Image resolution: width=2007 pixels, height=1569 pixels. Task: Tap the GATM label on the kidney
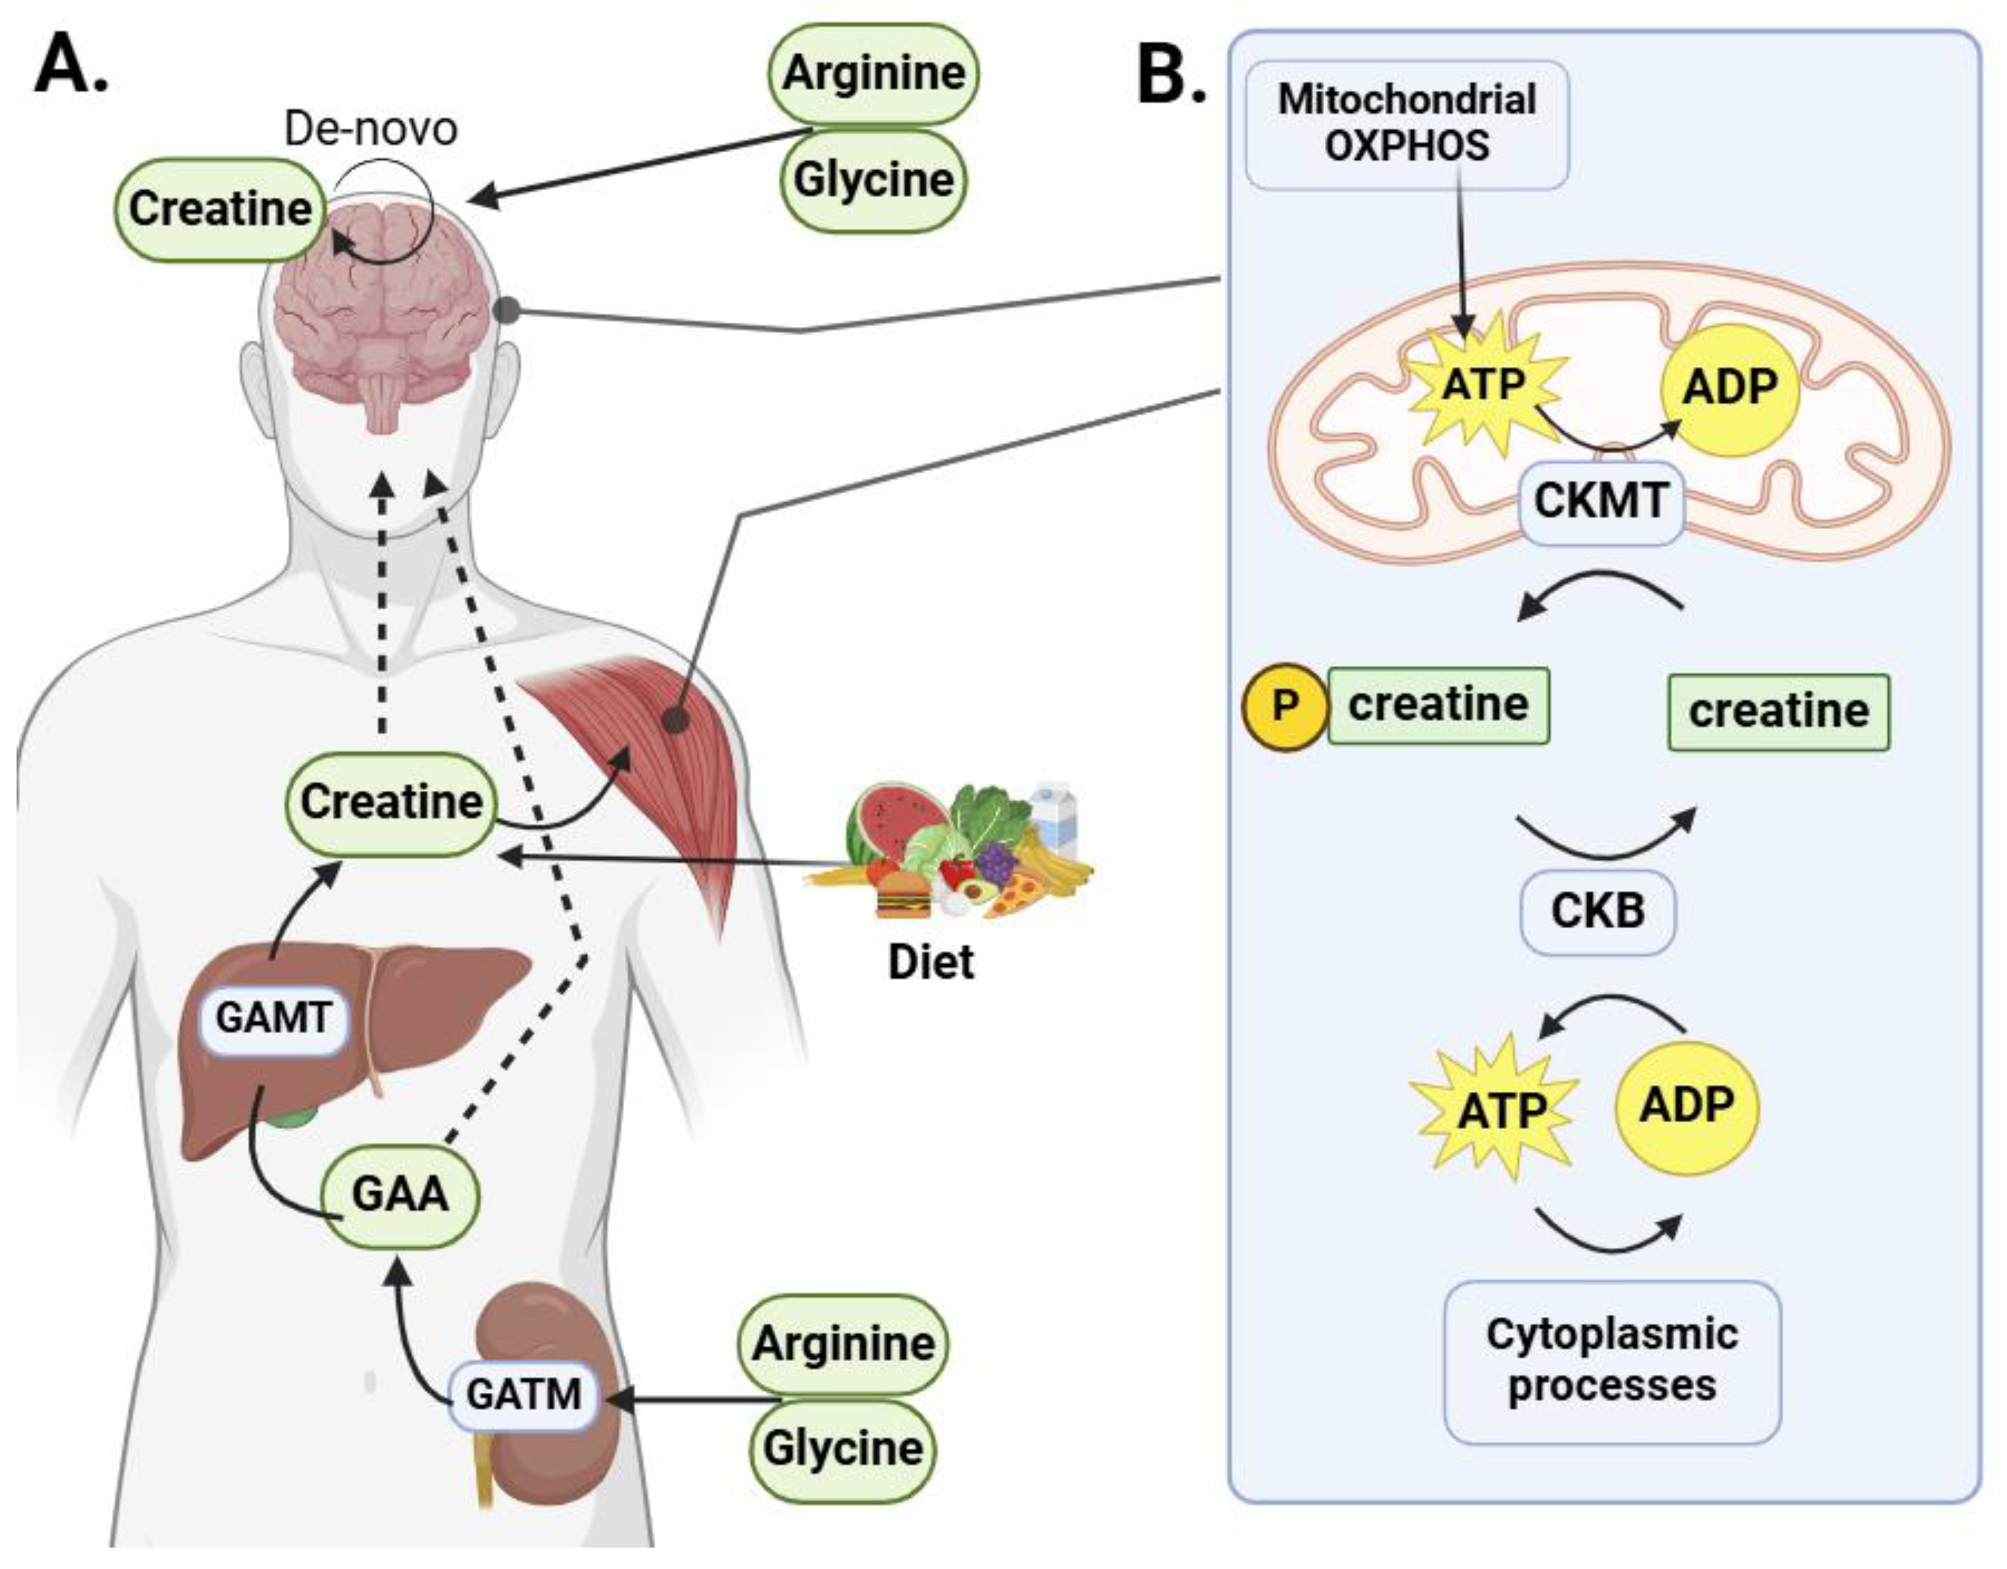[x=523, y=1395]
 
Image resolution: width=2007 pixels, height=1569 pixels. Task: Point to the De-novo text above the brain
[x=370, y=129]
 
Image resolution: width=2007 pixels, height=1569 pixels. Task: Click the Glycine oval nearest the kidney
[x=843, y=1450]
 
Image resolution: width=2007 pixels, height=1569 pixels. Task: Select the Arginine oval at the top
[x=873, y=73]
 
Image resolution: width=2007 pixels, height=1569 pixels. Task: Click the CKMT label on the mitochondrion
[x=1601, y=502]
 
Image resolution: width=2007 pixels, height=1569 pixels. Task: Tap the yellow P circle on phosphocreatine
[x=1285, y=706]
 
